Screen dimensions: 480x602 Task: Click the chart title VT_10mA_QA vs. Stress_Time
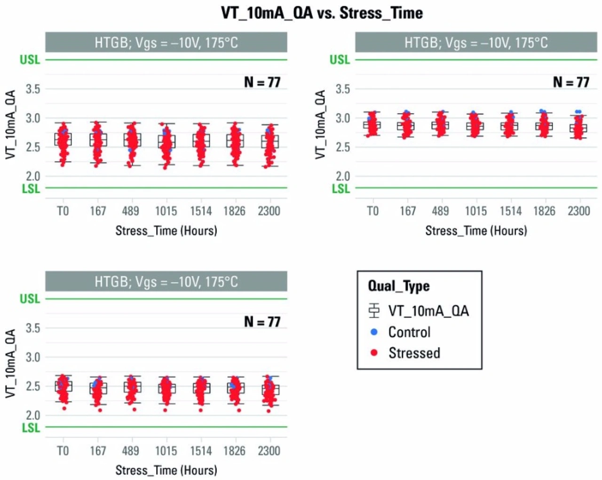click(322, 13)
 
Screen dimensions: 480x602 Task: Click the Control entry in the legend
click(409, 332)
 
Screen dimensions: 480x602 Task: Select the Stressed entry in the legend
click(414, 353)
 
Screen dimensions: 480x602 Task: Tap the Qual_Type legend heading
click(398, 286)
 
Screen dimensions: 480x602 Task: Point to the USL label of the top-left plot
click(30, 60)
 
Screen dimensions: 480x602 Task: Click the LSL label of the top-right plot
click(341, 189)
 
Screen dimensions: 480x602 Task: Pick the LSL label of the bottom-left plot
click(31, 428)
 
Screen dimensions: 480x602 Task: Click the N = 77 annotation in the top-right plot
click(571, 82)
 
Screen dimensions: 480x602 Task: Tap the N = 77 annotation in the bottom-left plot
click(262, 322)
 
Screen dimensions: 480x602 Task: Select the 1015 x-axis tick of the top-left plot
click(166, 211)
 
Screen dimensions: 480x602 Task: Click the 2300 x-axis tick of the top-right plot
click(578, 211)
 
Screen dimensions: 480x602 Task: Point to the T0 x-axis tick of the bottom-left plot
click(63, 451)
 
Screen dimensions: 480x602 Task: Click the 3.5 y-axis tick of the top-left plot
click(33, 89)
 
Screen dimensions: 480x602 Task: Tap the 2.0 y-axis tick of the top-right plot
click(343, 176)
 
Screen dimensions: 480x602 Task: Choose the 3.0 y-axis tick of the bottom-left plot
click(33, 357)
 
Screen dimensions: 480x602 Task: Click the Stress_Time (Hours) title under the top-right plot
click(476, 231)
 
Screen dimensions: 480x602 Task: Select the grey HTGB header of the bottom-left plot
click(166, 282)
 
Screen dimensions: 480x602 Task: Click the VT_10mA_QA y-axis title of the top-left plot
click(11, 124)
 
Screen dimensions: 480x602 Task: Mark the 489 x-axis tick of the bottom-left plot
click(130, 451)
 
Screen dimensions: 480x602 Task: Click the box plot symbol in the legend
click(374, 311)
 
